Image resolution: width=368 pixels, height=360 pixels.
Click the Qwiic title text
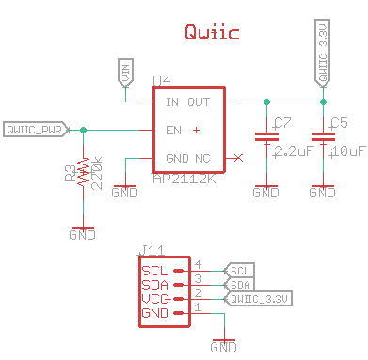click(211, 33)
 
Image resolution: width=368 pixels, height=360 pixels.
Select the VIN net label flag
click(124, 70)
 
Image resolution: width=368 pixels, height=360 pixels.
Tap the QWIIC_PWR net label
click(34, 129)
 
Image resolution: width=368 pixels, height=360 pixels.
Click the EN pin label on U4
click(173, 130)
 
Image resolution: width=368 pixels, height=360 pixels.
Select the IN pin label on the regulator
click(171, 102)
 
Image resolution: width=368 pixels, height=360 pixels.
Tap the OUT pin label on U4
click(199, 102)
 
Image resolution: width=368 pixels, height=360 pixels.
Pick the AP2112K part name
click(184, 178)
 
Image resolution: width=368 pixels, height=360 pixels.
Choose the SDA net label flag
click(240, 284)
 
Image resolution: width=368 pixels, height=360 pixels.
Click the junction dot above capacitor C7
click(267, 102)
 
